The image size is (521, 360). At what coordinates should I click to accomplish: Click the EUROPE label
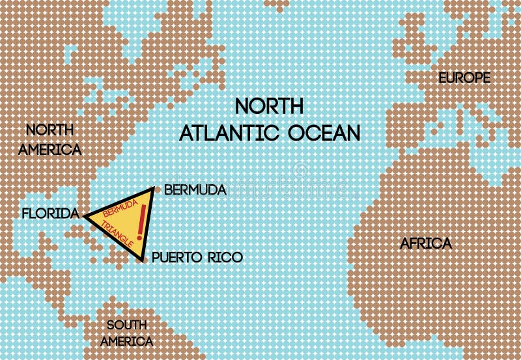(464, 78)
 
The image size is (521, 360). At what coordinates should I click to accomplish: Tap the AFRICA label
(425, 244)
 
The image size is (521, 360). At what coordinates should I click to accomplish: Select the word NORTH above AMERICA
(50, 129)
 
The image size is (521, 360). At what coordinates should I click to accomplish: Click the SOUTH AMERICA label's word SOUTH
(130, 325)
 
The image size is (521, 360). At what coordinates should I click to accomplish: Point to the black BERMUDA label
(195, 190)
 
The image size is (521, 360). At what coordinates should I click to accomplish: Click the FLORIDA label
(50, 213)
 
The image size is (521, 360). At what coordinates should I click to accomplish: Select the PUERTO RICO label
(197, 258)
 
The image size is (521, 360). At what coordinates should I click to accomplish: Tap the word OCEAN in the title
(326, 133)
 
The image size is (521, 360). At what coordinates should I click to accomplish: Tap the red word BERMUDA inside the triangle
(120, 210)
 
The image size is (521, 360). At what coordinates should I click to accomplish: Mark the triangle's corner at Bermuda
(152, 189)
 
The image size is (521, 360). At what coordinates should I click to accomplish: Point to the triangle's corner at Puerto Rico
(143, 261)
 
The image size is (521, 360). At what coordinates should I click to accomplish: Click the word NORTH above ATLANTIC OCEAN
(269, 106)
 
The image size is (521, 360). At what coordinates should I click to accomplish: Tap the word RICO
(225, 258)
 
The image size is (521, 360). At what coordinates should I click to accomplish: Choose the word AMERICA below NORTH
(50, 150)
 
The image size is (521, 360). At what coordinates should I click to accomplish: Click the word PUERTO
(176, 258)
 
